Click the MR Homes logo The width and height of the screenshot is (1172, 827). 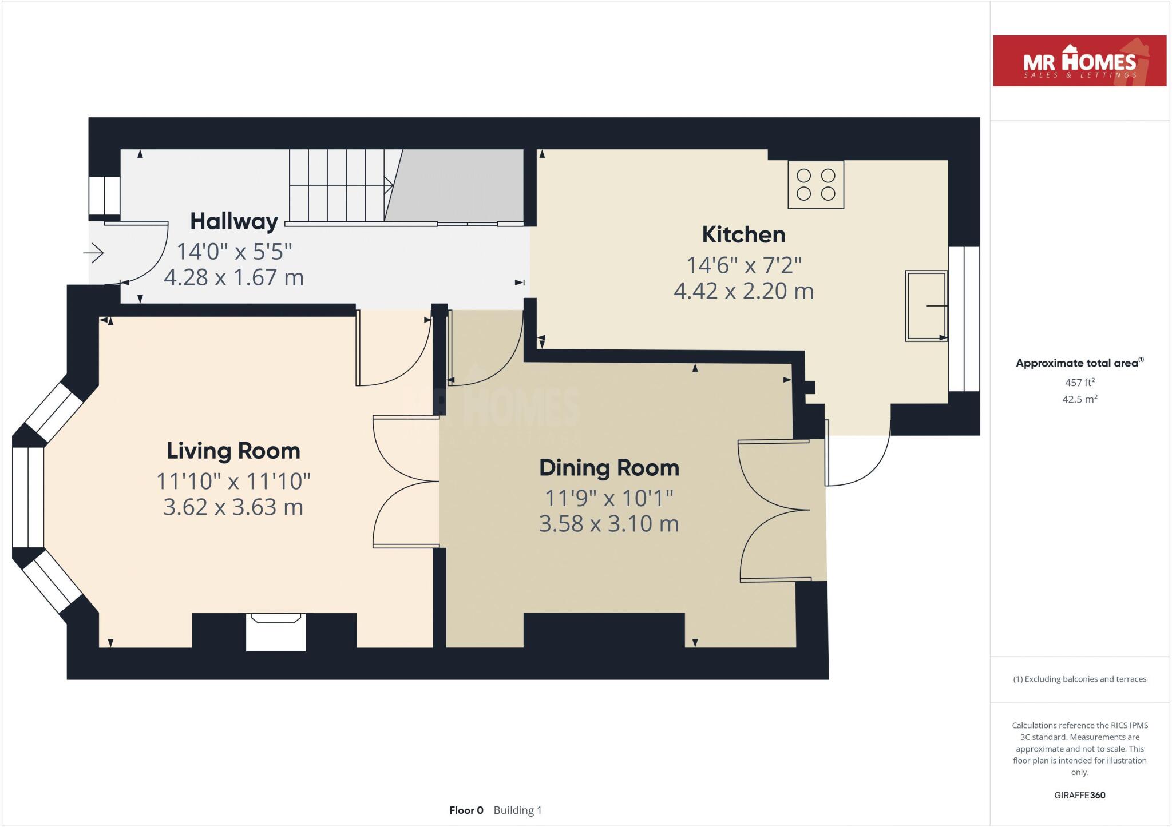1079,61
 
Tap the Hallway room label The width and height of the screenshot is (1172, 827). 233,221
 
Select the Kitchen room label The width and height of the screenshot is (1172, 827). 743,235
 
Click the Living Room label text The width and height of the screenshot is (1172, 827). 233,451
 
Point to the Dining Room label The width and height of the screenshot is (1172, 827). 609,468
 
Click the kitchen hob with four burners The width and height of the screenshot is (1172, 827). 815,185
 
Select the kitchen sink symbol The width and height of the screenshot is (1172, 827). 926,306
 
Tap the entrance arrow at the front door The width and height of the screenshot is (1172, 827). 94,252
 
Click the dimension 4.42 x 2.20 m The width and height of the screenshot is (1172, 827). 743,291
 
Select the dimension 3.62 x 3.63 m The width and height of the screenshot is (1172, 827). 233,507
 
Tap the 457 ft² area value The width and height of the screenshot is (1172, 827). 1079,383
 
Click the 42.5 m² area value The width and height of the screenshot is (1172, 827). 1079,399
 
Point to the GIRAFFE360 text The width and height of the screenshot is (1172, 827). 1079,795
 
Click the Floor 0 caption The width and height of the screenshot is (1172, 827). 466,810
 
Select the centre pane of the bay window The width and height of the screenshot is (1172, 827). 28,497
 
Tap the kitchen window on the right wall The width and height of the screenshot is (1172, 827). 964,319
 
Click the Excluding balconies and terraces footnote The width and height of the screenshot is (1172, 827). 1079,679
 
